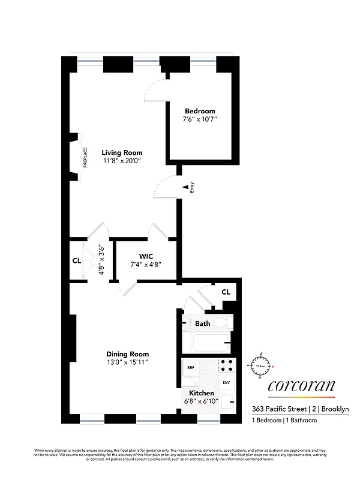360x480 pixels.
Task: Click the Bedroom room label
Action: pos(200,111)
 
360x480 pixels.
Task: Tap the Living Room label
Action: pos(122,152)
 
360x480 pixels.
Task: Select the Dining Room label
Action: pos(127,354)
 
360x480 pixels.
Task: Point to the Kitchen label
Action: pos(202,393)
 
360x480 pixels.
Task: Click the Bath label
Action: pos(203,323)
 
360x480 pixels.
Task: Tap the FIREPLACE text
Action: pos(85,158)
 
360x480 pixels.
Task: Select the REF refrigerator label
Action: pos(191,367)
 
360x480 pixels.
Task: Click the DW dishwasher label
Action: pos(226,382)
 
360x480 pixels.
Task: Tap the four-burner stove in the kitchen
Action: pos(227,366)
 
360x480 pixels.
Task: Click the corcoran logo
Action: pos(301,386)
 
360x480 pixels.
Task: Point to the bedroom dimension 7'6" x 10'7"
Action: pos(200,119)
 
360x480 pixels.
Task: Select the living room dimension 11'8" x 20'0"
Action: pos(122,161)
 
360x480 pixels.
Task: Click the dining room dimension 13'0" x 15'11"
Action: pos(127,362)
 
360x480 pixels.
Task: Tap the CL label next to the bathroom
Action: pos(226,292)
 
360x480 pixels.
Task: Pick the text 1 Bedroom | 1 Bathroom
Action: pos(284,421)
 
